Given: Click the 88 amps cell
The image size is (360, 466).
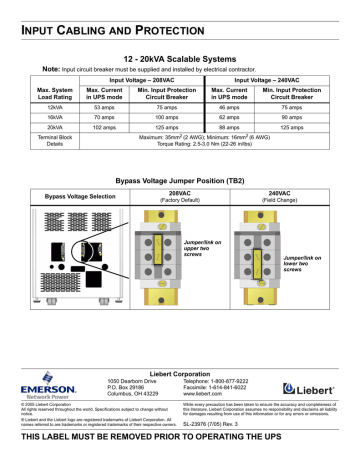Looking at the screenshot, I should click(229, 129).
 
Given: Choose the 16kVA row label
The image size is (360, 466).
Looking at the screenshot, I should click(37, 116).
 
